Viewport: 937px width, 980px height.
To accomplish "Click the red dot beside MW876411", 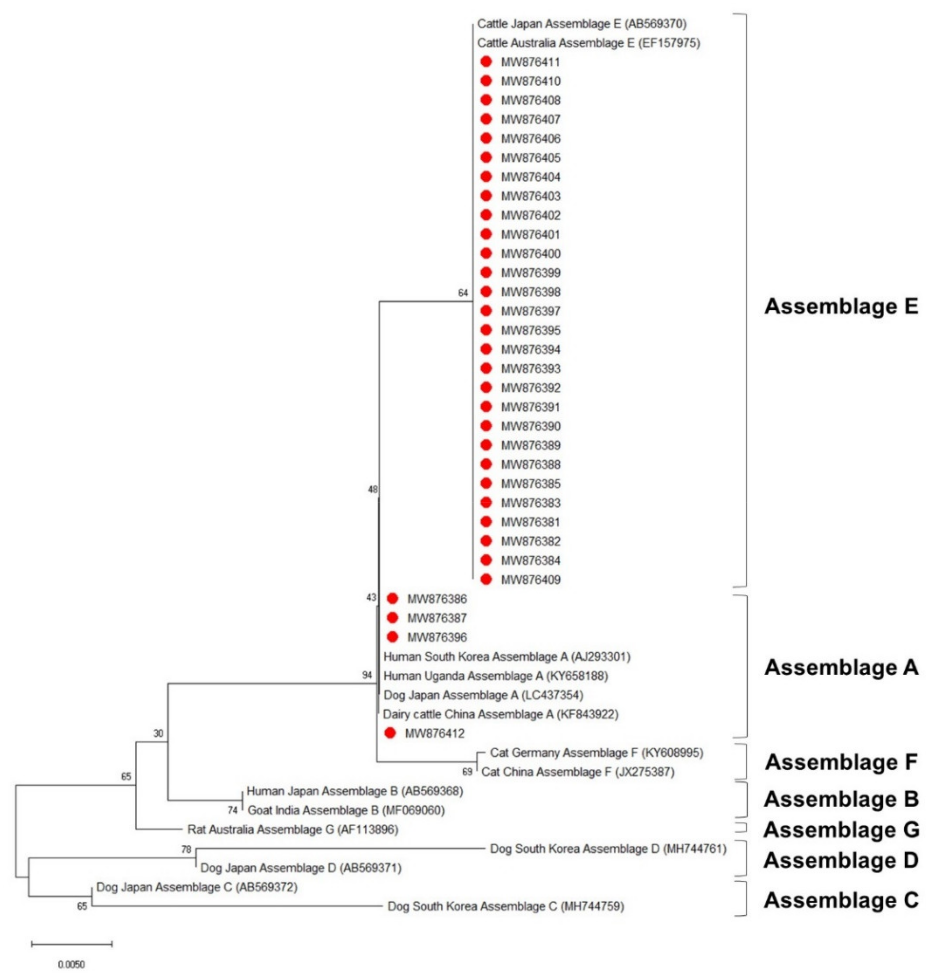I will tap(486, 62).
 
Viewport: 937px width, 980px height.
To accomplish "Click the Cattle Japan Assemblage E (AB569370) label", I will tap(582, 23).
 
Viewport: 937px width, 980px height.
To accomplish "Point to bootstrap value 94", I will tap(367, 675).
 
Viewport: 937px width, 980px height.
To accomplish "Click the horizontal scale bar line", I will tap(71, 944).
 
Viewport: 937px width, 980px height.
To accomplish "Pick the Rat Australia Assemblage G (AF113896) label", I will tap(293, 829).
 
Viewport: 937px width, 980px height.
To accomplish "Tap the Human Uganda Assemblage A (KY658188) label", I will tap(495, 676).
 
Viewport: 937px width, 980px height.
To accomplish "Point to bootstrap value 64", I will tap(463, 293).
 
